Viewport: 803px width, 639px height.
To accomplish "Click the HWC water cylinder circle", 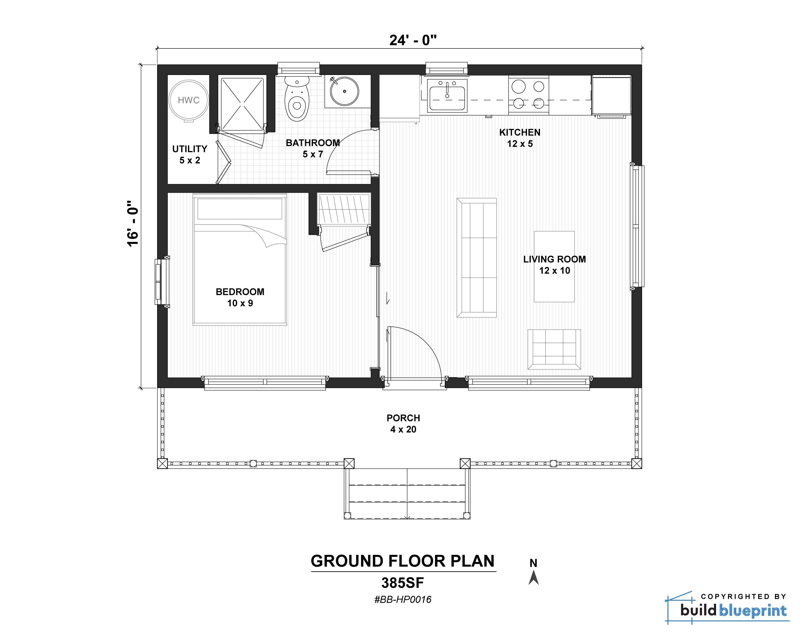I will tap(188, 100).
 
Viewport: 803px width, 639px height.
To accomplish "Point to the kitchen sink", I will tap(447, 96).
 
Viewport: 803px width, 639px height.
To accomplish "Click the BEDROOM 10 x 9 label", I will tap(240, 297).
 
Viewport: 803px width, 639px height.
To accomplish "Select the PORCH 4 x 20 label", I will tap(403, 423).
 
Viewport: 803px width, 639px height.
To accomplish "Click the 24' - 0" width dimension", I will tap(413, 40).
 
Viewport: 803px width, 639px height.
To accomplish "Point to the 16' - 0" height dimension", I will tap(133, 224).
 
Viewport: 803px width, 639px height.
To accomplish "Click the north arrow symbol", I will tap(533, 577).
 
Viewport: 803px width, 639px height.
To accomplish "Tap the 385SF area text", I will tap(403, 582).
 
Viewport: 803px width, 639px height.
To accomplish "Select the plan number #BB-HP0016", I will tap(403, 599).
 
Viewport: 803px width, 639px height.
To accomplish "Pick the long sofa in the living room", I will tap(476, 257).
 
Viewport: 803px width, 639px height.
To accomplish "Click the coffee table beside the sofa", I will tap(554, 266).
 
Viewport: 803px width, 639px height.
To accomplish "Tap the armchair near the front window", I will tap(554, 349).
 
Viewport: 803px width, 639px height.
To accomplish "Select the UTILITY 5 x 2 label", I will tap(190, 154).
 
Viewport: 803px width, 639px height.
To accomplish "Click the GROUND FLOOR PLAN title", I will tap(403, 561).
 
